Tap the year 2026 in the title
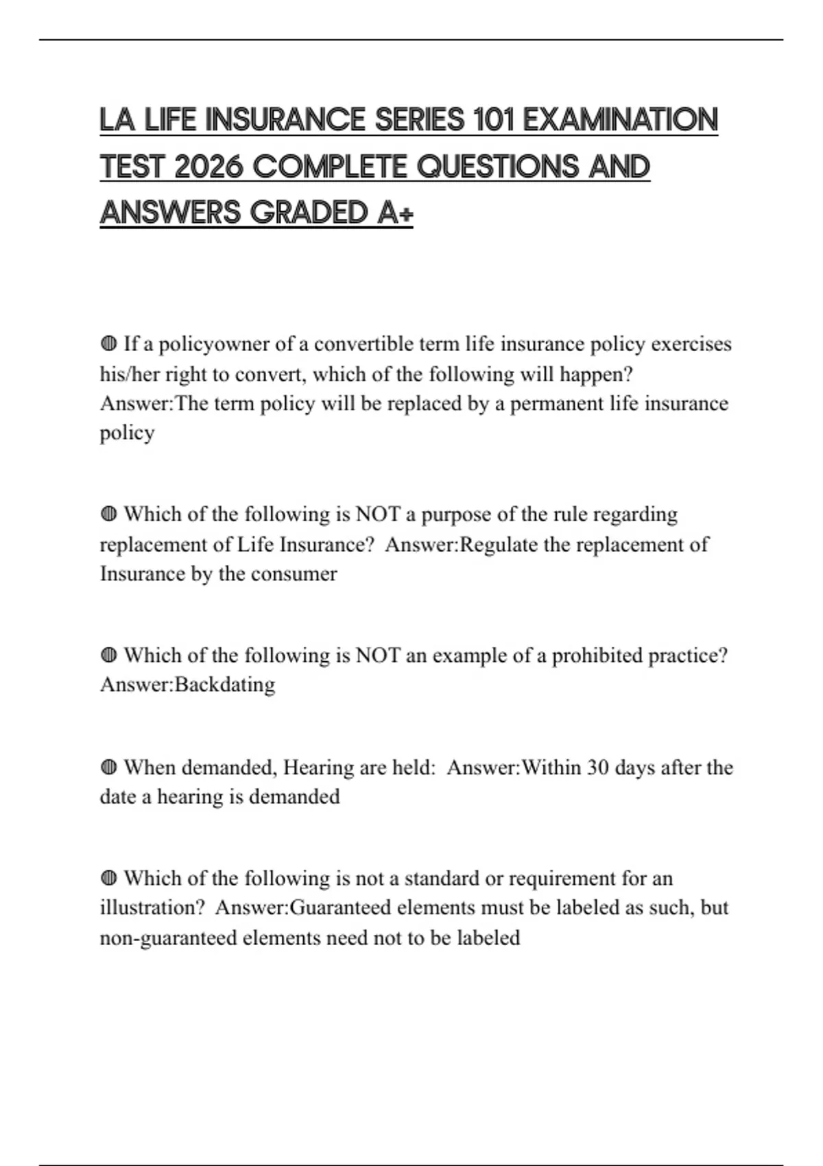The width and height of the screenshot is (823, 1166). coord(208,167)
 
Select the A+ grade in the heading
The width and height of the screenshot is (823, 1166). coord(395,213)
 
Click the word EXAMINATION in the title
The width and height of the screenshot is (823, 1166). coord(620,121)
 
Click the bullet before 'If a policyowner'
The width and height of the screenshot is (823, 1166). coord(108,343)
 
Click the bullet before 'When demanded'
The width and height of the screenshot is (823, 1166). coord(108,767)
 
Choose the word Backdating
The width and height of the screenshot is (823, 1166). coord(225,685)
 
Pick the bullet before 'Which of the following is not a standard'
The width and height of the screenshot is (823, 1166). coord(108,878)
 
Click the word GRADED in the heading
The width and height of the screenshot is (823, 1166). coord(309,213)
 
